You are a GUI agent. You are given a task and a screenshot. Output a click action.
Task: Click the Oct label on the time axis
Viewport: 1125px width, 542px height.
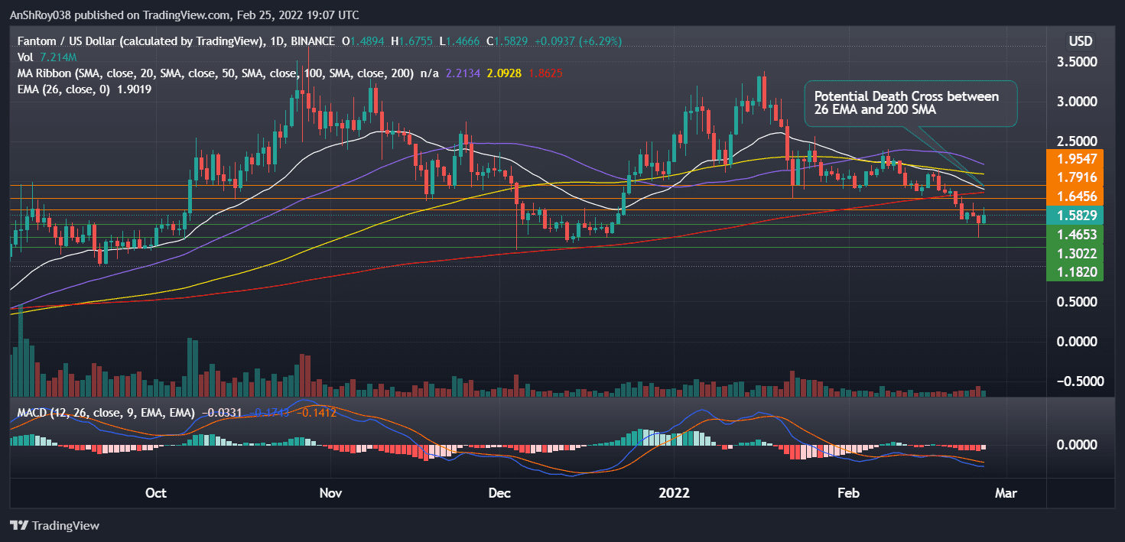click(156, 493)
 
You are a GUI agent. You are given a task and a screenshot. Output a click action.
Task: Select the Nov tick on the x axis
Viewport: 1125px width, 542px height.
click(330, 493)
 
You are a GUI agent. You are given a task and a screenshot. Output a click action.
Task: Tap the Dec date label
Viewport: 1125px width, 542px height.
click(500, 493)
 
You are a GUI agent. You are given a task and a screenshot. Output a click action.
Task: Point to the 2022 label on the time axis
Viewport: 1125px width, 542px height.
click(675, 493)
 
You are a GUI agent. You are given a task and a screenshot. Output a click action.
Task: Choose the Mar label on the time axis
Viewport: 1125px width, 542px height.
click(1006, 493)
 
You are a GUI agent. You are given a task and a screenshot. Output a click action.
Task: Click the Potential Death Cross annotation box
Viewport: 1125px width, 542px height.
click(910, 104)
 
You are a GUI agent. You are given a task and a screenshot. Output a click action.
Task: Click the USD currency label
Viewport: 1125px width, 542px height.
click(1080, 41)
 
